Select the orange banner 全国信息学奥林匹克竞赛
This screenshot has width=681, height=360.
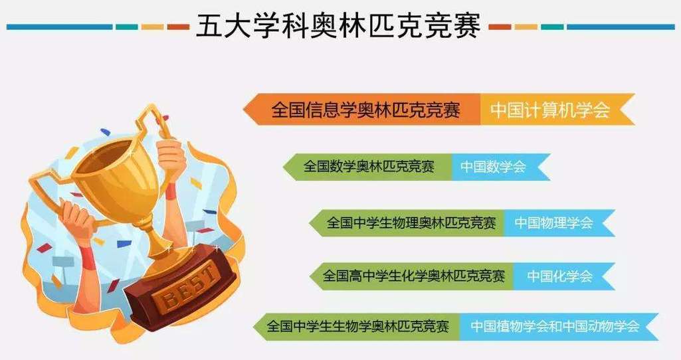click(x=365, y=110)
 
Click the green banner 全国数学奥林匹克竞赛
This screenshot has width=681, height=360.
click(x=369, y=167)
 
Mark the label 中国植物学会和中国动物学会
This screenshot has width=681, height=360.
click(x=555, y=327)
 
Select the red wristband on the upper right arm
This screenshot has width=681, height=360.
click(x=171, y=193)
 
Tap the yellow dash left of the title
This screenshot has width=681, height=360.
click(x=152, y=27)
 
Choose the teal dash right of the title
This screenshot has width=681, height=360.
click(x=551, y=27)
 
